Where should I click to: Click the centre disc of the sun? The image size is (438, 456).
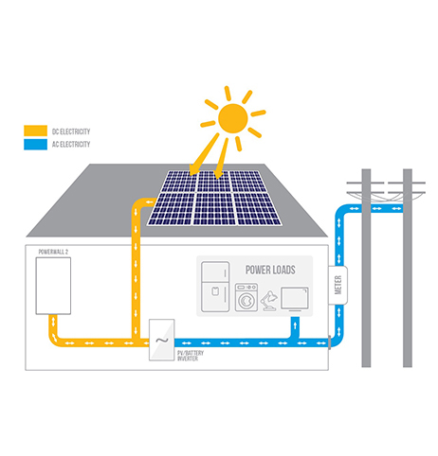[233, 118]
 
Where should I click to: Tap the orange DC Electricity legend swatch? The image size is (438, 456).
[36, 131]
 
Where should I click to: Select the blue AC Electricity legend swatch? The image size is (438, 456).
[36, 144]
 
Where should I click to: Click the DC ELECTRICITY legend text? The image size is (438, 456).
[71, 132]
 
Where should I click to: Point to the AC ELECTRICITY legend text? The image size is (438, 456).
[71, 145]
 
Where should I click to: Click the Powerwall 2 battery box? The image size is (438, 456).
[53, 286]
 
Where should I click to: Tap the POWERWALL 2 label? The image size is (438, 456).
[53, 252]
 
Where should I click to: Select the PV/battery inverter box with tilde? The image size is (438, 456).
[161, 340]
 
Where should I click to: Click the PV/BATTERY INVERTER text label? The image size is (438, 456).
[191, 356]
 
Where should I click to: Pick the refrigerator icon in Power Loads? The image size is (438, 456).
[215, 287]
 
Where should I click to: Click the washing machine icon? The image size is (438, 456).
[246, 297]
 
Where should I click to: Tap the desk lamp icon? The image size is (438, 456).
[269, 301]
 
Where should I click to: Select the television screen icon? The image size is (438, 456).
[295, 299]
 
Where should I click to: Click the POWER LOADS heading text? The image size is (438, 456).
[270, 270]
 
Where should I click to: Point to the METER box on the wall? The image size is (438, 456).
[338, 285]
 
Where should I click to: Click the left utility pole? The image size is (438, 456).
[366, 268]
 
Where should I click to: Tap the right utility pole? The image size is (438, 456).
[408, 268]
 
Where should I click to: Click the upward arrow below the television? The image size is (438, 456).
[295, 325]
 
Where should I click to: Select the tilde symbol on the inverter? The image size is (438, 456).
[162, 341]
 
